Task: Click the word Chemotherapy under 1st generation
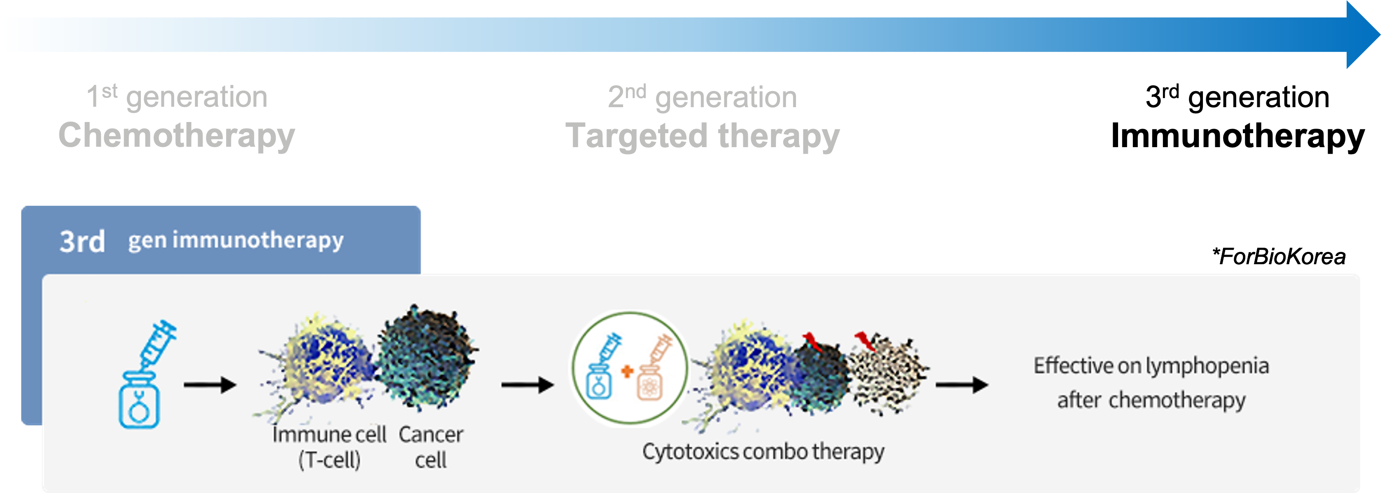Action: [x=177, y=136]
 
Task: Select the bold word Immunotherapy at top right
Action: [x=1238, y=136]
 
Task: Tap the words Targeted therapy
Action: [x=703, y=136]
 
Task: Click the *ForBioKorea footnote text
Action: [x=1279, y=256]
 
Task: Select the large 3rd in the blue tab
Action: [x=82, y=242]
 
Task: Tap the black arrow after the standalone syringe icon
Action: [x=210, y=385]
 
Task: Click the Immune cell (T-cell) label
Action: [x=329, y=447]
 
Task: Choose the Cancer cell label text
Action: [x=431, y=447]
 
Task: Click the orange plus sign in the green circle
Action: [x=627, y=371]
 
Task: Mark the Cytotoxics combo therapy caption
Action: [x=763, y=451]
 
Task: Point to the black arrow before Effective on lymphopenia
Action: [x=962, y=385]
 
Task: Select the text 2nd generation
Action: [x=703, y=97]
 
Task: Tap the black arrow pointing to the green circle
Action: [x=528, y=385]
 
